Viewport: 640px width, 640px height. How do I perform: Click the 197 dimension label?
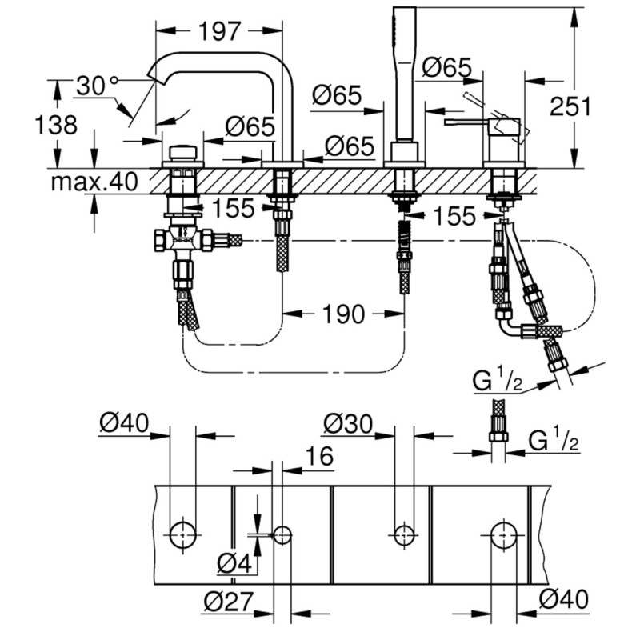pos(218,32)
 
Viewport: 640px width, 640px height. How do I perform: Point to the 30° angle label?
pos(96,84)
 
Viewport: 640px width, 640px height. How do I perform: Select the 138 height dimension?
pos(57,125)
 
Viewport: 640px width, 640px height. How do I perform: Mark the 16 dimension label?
pos(318,456)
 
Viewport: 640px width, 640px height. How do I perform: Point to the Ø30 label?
pos(350,422)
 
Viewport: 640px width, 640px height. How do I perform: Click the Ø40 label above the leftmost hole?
pos(126,422)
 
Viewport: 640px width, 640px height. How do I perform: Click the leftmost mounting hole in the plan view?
pos(182,533)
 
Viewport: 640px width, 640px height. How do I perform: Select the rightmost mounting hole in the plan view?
pos(502,533)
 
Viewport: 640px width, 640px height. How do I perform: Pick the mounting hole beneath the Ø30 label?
pos(405,533)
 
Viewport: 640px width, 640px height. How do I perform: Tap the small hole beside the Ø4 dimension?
pos(282,533)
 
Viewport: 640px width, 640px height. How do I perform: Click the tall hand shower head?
pos(405,64)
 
